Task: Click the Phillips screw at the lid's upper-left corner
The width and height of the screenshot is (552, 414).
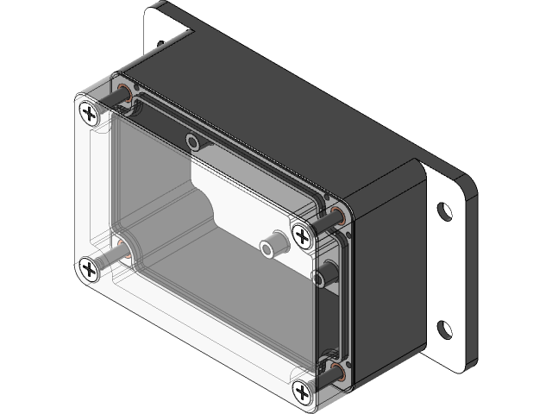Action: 89,113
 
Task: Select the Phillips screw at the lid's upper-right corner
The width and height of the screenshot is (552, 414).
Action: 302,235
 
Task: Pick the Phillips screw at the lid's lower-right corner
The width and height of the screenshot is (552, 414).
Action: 303,392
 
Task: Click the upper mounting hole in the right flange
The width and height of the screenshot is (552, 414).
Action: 443,210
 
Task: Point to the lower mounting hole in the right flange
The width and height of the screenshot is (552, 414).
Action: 444,328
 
